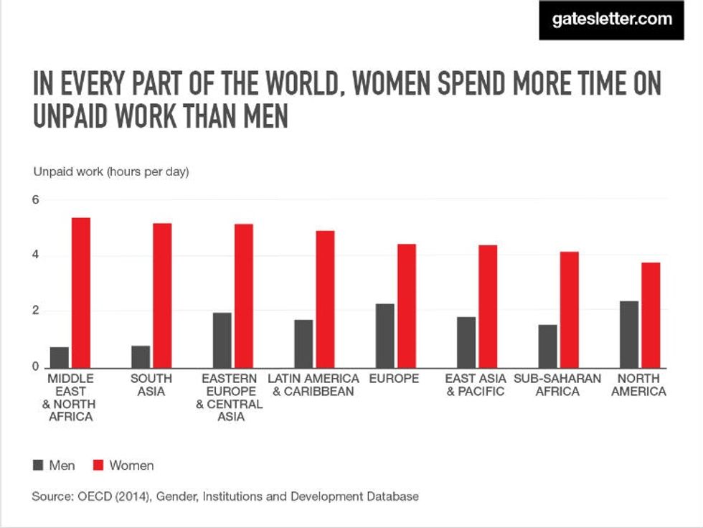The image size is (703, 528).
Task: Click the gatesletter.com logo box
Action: pos(612,20)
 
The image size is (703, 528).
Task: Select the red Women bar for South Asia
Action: pos(162,296)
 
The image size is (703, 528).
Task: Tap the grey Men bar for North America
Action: pos(628,334)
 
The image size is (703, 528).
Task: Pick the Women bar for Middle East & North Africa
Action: pos(80,293)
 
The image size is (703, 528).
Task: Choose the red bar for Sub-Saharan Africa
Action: pos(569,310)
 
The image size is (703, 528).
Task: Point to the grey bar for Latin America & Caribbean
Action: pos(303,344)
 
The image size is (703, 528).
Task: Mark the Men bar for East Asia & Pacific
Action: pos(466,342)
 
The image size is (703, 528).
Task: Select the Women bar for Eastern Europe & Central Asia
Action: pos(243,296)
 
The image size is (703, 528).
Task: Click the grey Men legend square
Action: pos(37,466)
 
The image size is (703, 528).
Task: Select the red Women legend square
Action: pos(98,466)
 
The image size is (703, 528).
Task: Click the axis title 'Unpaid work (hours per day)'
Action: pos(111,172)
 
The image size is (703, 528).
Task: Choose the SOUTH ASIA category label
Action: pos(151,385)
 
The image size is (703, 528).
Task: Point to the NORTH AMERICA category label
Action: pos(638,385)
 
